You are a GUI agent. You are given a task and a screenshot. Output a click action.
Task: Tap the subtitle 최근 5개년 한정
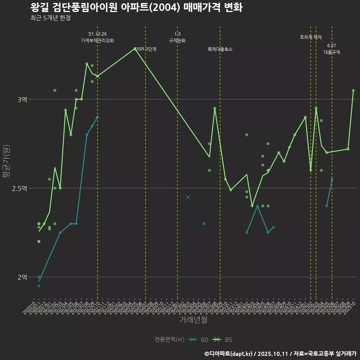[50, 18]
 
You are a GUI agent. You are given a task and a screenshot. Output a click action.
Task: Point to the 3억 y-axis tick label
[22, 99]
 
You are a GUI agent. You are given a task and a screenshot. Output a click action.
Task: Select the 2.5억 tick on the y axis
[19, 188]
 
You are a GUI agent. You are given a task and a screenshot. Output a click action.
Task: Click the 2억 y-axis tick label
[22, 277]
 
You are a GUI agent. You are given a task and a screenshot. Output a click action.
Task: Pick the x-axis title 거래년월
[193, 320]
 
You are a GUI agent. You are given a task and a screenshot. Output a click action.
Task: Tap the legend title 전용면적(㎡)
[169, 340]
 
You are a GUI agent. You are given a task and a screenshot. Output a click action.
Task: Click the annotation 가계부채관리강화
[97, 40]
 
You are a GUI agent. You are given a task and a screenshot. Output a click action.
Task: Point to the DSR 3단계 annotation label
[145, 49]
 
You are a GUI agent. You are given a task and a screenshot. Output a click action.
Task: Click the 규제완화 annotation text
[177, 40]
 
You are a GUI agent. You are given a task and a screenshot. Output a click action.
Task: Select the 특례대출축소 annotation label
[220, 49]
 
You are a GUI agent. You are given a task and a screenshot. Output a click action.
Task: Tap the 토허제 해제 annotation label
[311, 37]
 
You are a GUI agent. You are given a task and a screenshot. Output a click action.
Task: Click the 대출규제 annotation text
[332, 52]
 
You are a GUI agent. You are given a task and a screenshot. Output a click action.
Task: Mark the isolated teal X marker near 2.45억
[188, 197]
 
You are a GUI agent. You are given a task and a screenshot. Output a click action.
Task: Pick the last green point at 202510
[353, 90]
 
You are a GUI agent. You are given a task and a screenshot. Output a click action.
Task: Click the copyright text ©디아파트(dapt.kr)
[229, 354]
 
